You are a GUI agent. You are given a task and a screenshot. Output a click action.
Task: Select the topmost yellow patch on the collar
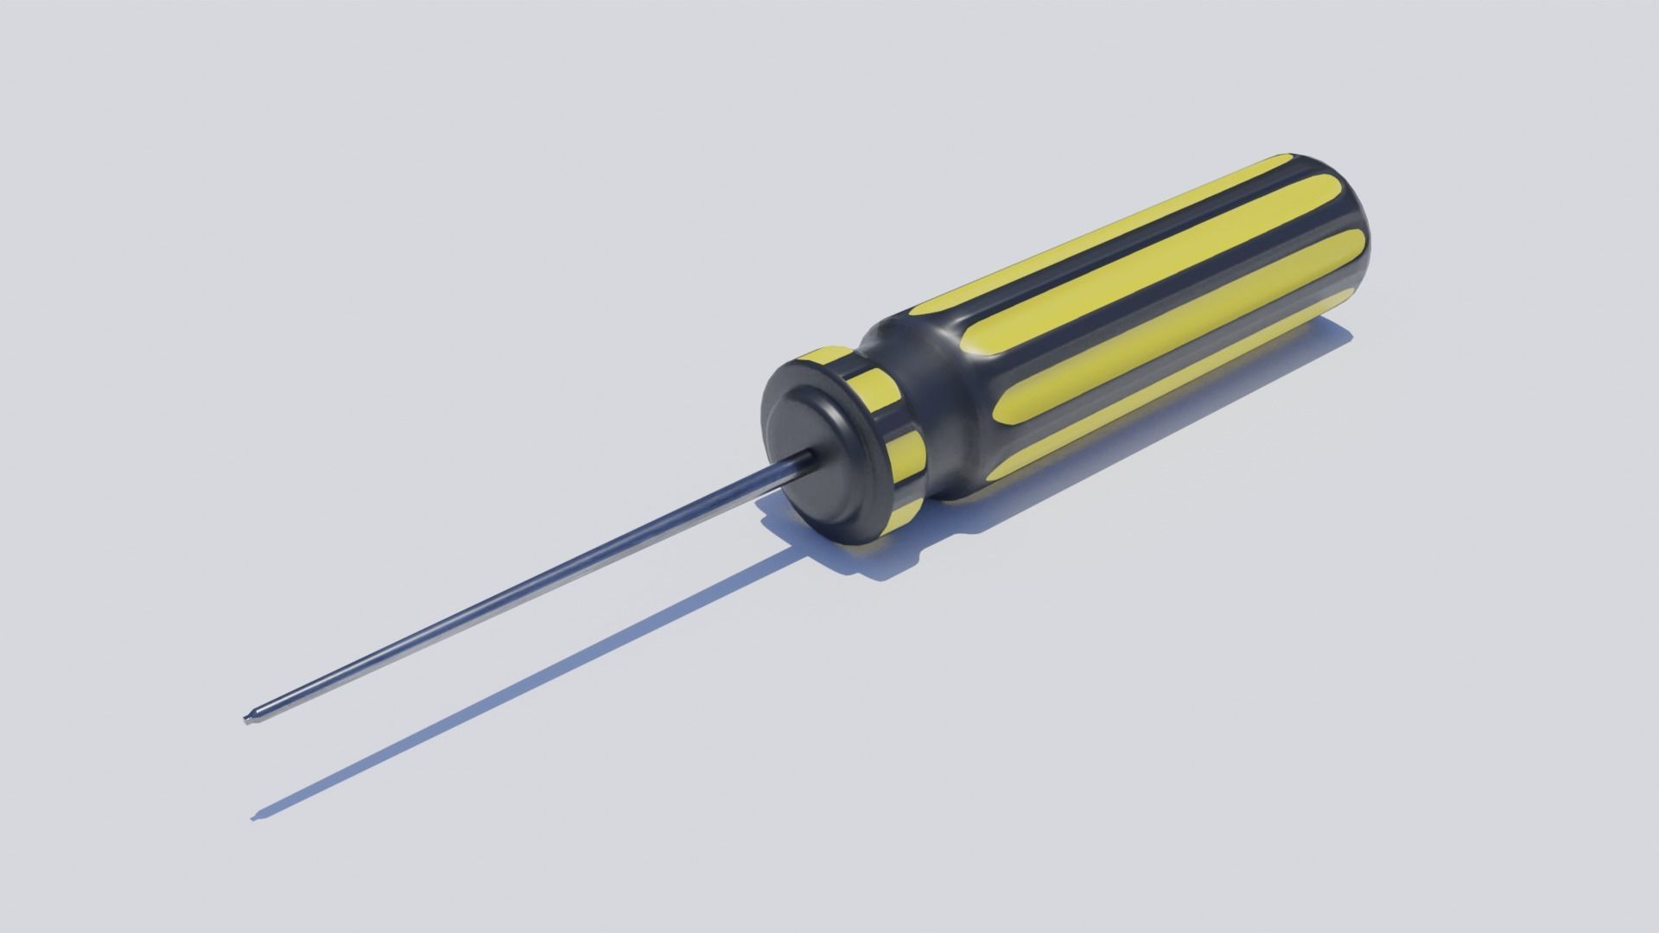click(x=829, y=355)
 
